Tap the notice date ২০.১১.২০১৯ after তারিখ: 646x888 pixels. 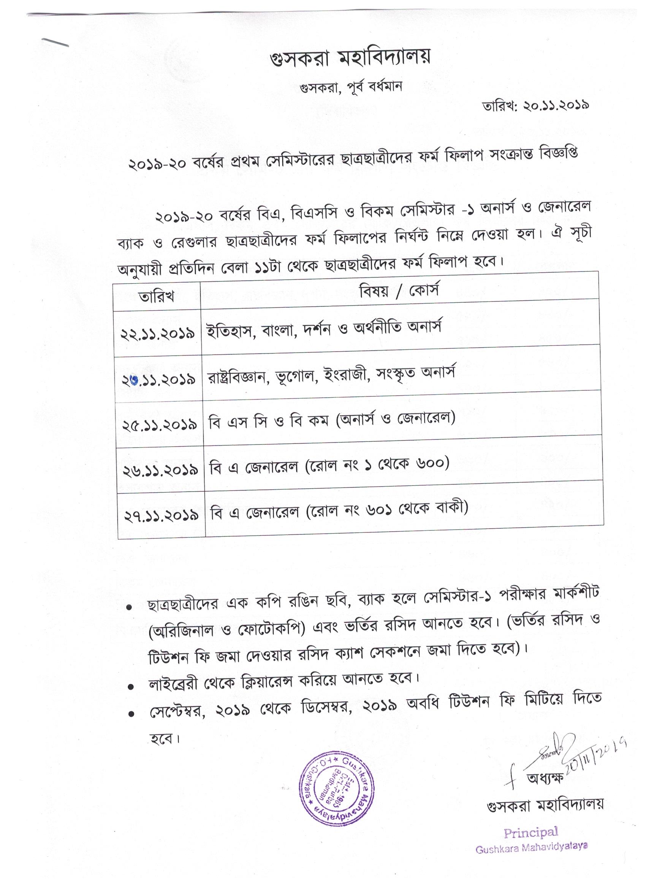(556, 106)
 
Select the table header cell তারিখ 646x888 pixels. (156, 296)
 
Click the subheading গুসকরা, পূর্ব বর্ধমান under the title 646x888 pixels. (351, 87)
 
